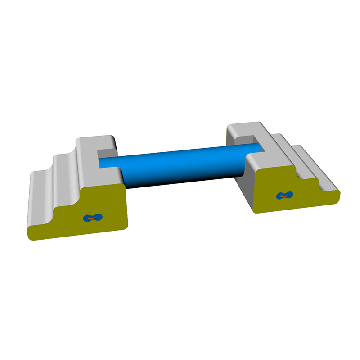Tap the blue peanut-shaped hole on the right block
[284, 195]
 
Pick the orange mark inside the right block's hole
[284, 195]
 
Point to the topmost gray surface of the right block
[243, 128]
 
